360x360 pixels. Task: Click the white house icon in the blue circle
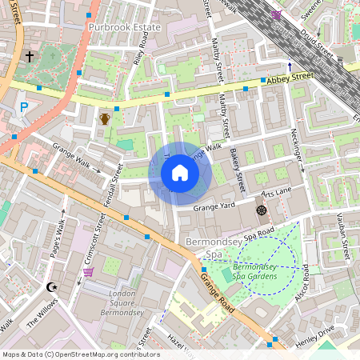(x=180, y=172)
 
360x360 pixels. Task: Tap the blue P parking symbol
(x=24, y=106)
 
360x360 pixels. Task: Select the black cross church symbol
(x=30, y=57)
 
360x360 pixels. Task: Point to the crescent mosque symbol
(x=53, y=286)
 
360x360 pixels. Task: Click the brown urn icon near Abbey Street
(x=105, y=118)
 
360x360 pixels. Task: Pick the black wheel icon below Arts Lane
(x=261, y=210)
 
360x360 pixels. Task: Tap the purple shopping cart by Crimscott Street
(x=88, y=272)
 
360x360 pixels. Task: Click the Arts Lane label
(x=277, y=193)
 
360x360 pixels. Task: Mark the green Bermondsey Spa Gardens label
(x=256, y=271)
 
